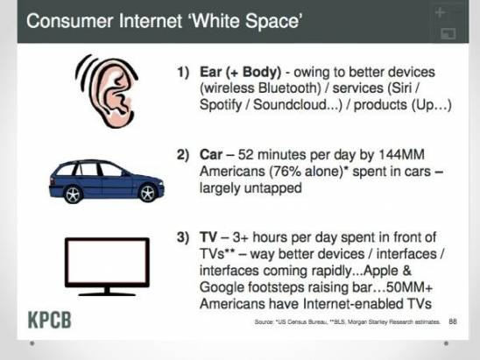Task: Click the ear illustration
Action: click(x=107, y=91)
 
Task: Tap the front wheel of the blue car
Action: click(x=147, y=193)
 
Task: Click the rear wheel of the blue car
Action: click(x=73, y=194)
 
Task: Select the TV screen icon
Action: click(x=107, y=266)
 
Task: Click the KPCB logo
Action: click(x=50, y=320)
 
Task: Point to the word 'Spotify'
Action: click(x=221, y=105)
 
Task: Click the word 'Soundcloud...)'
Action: click(x=298, y=105)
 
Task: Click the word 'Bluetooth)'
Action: click(x=289, y=88)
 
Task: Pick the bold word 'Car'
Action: click(x=211, y=154)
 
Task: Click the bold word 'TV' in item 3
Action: click(x=208, y=237)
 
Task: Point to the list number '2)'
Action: click(x=183, y=155)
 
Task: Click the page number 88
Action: click(x=453, y=321)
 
